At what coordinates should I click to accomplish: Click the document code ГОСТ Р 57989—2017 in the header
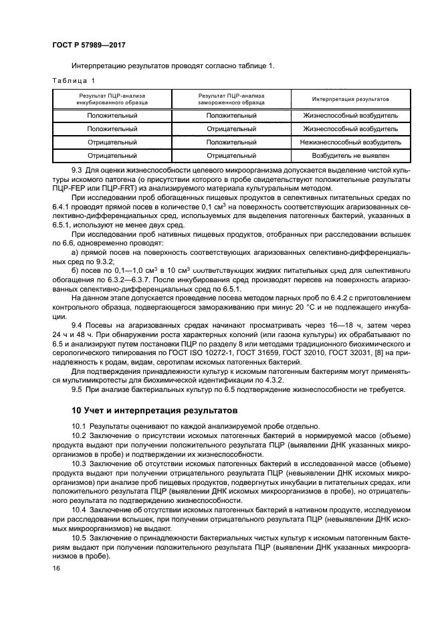[88, 45]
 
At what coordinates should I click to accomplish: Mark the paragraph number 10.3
[79, 462]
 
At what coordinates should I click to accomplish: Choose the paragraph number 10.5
[79, 538]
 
